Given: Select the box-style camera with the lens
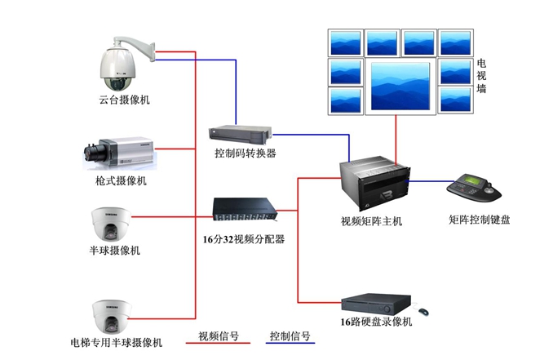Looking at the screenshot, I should tap(118, 152).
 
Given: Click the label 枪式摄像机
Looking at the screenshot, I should tap(121, 180).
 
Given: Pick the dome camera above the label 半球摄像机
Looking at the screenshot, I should tap(111, 222).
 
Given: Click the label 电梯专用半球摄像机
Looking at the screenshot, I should tap(117, 340).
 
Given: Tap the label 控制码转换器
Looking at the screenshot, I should tap(246, 153).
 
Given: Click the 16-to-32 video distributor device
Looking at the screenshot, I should tap(245, 212).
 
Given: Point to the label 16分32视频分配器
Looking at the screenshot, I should tap(244, 240).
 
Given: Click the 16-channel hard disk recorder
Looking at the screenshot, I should tap(376, 304).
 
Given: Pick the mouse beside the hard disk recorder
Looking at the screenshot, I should tap(424, 311).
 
